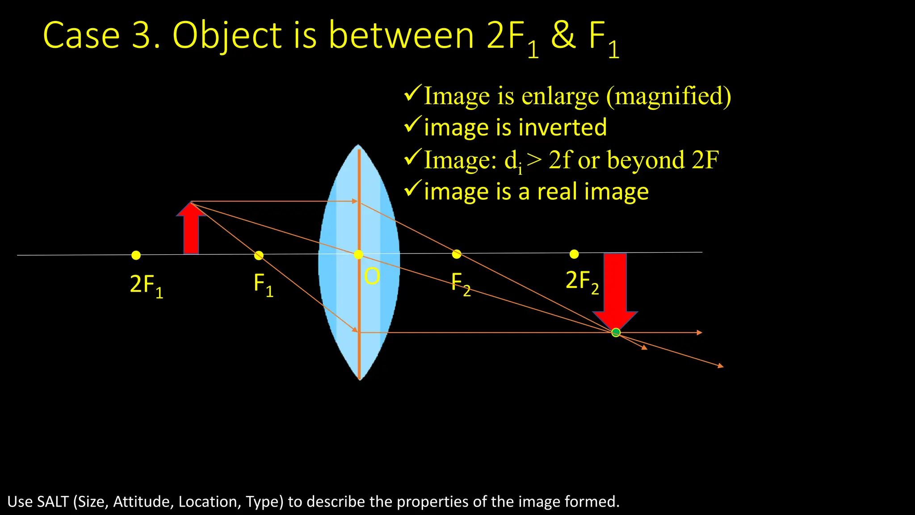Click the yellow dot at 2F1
136,255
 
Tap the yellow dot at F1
259,255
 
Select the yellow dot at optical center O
358,254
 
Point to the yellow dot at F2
456,254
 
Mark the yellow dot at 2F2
574,254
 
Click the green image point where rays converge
616,332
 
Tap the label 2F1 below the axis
146,285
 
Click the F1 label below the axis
263,284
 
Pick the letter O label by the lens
372,277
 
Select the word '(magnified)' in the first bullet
668,96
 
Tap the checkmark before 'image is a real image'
412,189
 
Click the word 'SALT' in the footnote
53,502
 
